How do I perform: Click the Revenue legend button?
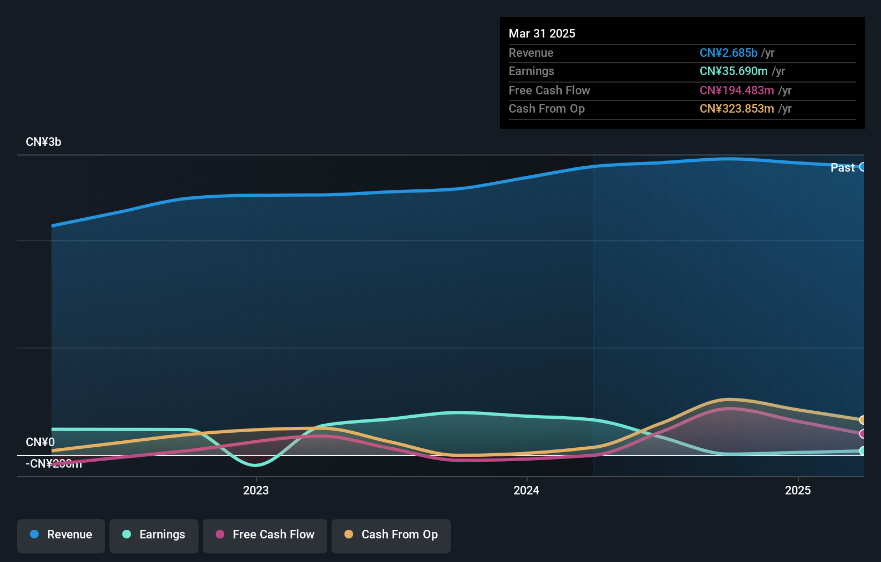[x=61, y=535]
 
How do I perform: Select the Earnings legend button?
[x=153, y=535]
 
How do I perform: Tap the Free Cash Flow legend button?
[x=265, y=535]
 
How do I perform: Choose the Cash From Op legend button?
[x=391, y=535]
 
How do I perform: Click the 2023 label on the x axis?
[x=256, y=491]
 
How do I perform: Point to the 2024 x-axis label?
[x=526, y=491]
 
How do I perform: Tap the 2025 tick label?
[x=798, y=491]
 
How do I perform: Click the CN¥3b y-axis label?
[x=43, y=142]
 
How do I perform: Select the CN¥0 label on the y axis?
[x=40, y=442]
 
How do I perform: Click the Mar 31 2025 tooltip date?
[x=542, y=34]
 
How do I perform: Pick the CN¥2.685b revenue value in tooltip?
[x=728, y=53]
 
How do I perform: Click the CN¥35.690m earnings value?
[x=733, y=71]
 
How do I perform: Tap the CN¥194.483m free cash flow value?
[x=736, y=91]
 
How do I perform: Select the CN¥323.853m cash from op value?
[x=736, y=109]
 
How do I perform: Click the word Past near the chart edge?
[x=842, y=168]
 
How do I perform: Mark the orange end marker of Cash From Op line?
[x=862, y=420]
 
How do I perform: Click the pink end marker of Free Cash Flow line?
[x=862, y=434]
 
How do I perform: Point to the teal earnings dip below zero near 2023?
[x=255, y=464]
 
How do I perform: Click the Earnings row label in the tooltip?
[x=531, y=71]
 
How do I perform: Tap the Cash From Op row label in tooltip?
[x=546, y=109]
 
